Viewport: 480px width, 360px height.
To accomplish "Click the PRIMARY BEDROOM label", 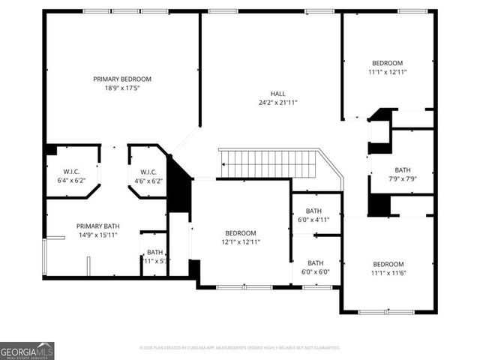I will point(122,79).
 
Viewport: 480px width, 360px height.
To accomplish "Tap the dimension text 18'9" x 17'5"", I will point(122,88).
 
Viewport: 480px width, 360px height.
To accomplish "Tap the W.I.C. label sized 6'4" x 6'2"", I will point(73,172).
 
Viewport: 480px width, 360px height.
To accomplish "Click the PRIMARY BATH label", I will point(97,226).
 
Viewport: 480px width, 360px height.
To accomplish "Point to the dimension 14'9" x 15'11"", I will point(97,235).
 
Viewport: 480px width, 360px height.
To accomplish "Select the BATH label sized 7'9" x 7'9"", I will point(403,170).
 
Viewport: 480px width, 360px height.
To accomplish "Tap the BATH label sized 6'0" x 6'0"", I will point(315,262).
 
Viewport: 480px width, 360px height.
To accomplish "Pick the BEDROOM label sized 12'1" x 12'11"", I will point(241,233).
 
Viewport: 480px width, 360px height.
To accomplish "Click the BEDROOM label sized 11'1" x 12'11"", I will point(387,63).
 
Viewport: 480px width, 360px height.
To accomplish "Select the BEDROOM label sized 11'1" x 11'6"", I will point(388,264).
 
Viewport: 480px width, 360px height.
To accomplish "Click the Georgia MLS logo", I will point(27,350).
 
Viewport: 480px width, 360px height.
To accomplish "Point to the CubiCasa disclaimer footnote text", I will point(240,348).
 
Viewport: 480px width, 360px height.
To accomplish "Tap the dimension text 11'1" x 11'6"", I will point(388,274).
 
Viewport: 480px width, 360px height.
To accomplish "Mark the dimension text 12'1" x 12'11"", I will point(241,242).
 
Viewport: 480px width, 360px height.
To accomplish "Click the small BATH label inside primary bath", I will point(154,252).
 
